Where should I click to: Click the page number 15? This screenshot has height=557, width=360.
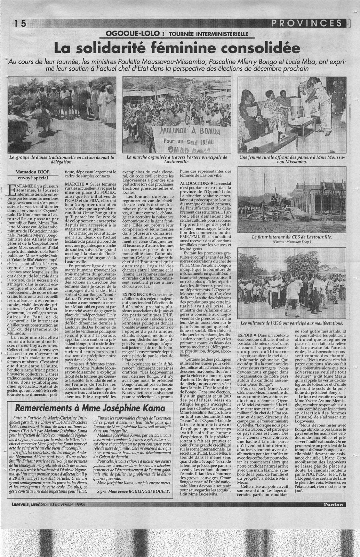[x=20, y=24]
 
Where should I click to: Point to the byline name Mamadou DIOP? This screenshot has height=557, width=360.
[x=33, y=172]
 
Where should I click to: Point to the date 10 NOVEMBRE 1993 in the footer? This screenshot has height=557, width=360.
[x=63, y=504]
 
